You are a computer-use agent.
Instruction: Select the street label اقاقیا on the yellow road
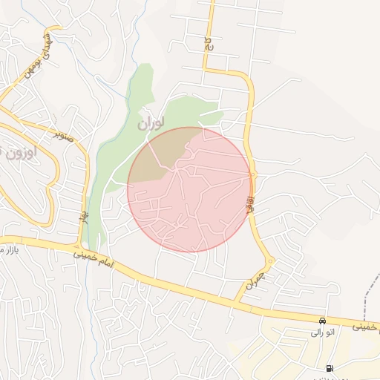coord(250,201)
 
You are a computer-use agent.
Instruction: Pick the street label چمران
coord(254,281)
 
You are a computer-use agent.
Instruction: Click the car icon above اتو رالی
coord(322,321)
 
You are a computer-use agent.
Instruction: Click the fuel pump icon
coord(329,369)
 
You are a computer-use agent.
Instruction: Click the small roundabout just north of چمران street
coord(271,261)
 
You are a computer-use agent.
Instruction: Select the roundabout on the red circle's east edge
coord(252,175)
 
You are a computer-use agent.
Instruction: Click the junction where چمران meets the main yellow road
coord(235,303)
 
